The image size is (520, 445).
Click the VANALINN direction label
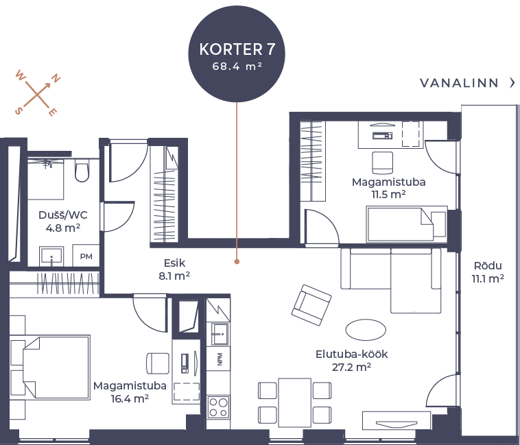point(459,84)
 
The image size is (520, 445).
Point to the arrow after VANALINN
point(512,84)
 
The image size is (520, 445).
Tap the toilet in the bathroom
point(82,171)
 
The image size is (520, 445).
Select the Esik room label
point(175,263)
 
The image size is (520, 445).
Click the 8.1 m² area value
point(175,276)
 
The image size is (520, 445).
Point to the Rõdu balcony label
point(488,266)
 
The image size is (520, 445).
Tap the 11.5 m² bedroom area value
point(388,195)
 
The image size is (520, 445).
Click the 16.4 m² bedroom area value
point(130,398)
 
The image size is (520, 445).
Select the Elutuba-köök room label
point(353,354)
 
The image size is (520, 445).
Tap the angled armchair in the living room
point(311,304)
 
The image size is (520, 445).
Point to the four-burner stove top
point(218,407)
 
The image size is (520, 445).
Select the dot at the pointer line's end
point(237,261)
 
